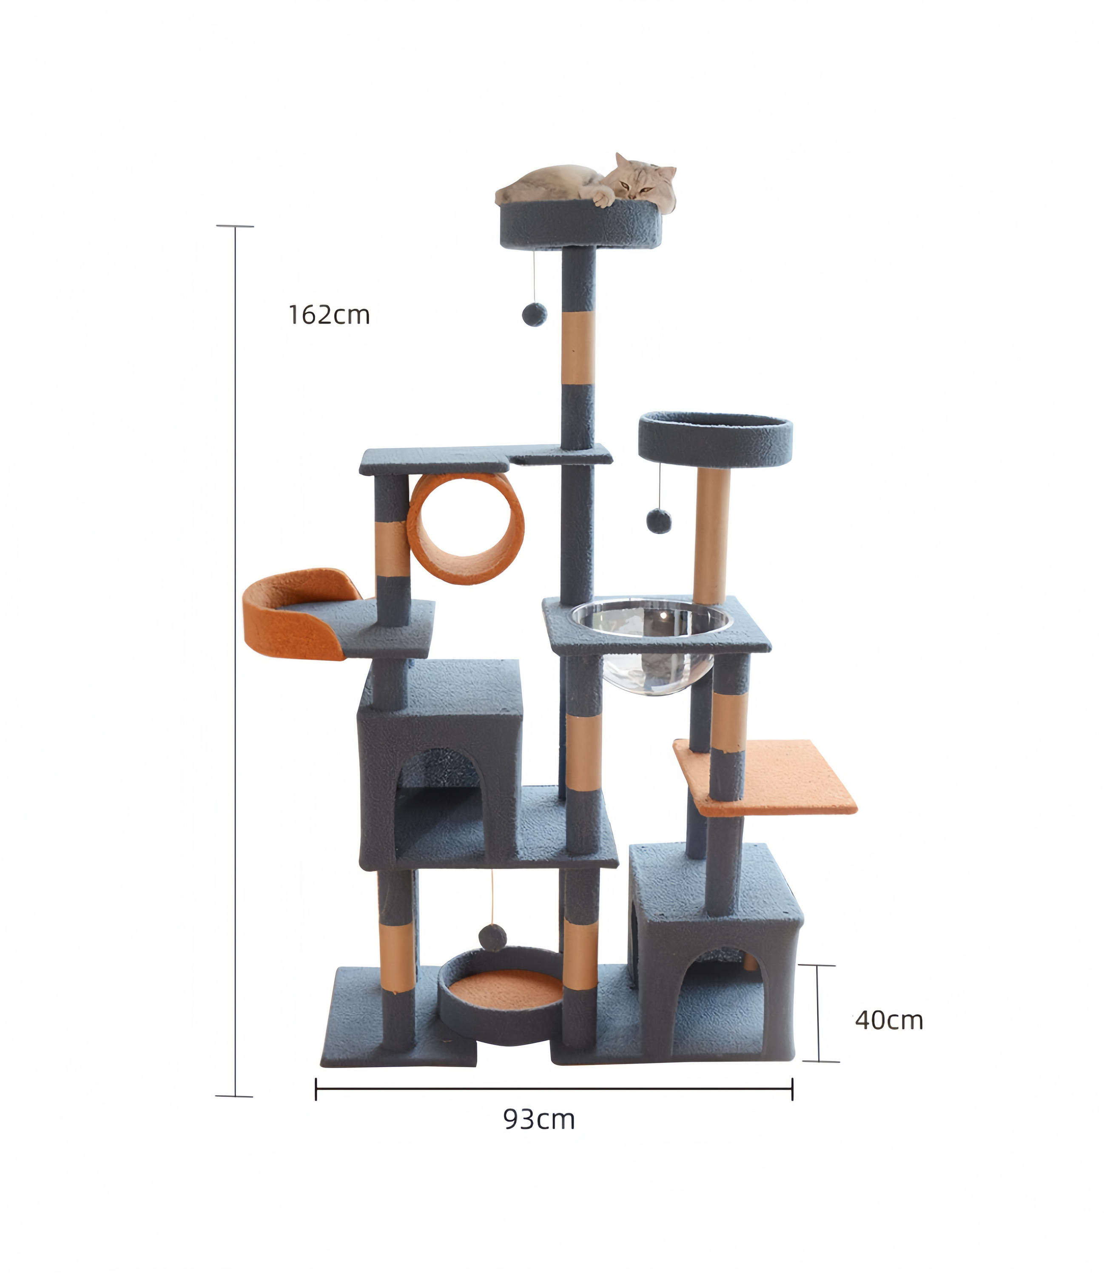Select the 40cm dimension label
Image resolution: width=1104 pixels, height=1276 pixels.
889,1020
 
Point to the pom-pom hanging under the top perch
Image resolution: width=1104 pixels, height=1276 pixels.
534,314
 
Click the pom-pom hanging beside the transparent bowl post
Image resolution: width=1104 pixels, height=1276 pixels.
659,521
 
